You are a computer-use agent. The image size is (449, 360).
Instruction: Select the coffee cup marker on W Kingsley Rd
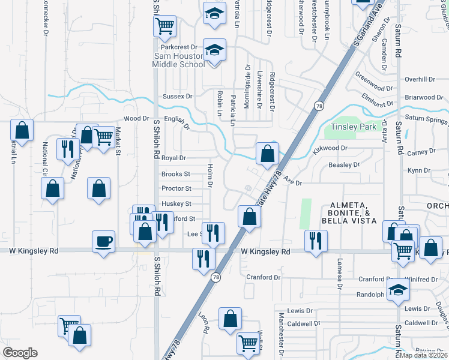point(104,241)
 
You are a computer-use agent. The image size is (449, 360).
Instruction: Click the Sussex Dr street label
point(177,96)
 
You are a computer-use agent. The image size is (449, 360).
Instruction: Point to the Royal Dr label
point(174,158)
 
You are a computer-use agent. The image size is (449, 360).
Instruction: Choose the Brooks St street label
point(175,174)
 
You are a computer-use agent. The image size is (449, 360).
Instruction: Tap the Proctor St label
point(176,188)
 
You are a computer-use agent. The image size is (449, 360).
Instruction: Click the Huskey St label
point(176,204)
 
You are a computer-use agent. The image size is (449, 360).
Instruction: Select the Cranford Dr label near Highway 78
point(264,277)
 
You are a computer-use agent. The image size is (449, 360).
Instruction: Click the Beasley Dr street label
point(344,164)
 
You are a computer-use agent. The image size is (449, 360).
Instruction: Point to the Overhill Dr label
point(419,79)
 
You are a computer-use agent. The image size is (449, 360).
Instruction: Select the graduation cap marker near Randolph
point(398,290)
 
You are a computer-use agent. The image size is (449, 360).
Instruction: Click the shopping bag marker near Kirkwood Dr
point(267,154)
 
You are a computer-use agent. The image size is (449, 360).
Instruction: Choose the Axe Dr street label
point(292,180)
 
